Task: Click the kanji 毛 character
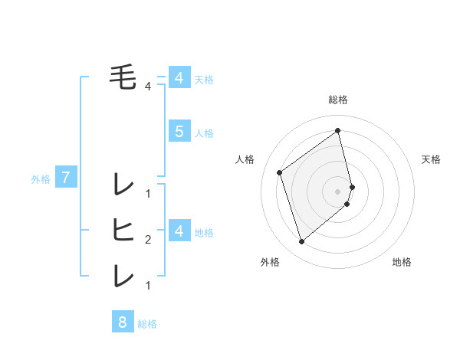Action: (123, 77)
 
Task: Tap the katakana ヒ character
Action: (123, 229)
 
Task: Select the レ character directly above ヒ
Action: (123, 184)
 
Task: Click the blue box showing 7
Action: (66, 178)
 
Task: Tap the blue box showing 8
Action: (123, 322)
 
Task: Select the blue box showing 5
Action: (179, 132)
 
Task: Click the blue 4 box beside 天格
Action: (179, 78)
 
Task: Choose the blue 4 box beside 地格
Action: (179, 231)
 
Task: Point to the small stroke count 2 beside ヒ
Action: (148, 240)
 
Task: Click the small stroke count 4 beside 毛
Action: (148, 87)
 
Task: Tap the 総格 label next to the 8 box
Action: (147, 324)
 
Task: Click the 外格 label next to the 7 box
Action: (41, 179)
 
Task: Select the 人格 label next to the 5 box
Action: (204, 133)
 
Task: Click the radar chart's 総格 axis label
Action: (338, 100)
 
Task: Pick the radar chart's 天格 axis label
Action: (431, 159)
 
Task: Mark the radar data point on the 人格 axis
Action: (280, 172)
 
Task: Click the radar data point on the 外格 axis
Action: (301, 242)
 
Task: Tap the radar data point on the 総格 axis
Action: (338, 130)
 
